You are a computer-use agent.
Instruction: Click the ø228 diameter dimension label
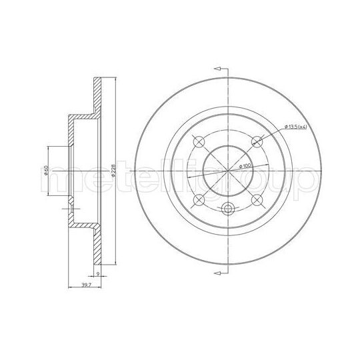point(115,171)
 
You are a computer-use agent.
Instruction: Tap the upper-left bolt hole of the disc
point(198,141)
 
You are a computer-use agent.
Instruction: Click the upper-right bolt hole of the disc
point(257,141)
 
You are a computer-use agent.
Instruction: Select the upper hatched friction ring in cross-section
point(98,93)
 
